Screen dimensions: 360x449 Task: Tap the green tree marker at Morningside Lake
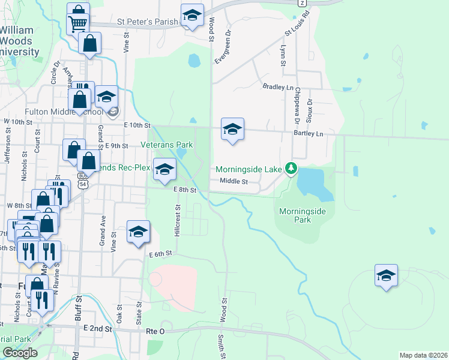(291, 168)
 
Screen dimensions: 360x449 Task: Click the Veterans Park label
(166, 145)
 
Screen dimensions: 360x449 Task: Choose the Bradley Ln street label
(277, 86)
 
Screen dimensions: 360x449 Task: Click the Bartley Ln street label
(308, 133)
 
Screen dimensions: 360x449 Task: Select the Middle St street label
(234, 181)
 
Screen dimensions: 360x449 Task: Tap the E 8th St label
(185, 190)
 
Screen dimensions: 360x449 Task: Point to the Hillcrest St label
(178, 223)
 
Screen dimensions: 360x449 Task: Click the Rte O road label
(155, 331)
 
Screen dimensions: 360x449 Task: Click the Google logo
(19, 353)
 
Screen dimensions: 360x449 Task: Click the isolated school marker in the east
(387, 276)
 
